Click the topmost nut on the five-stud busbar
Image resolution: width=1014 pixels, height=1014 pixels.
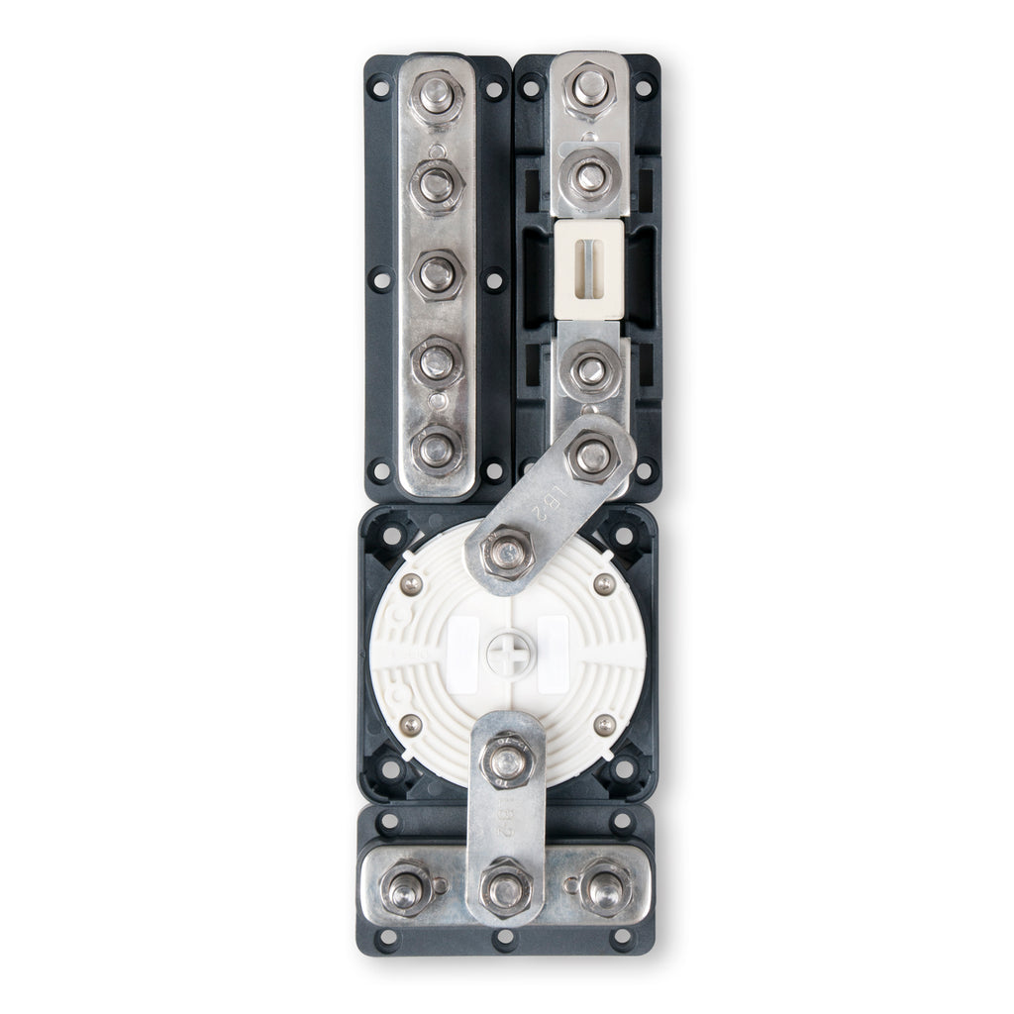[437, 96]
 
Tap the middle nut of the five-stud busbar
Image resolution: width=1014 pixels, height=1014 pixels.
[437, 273]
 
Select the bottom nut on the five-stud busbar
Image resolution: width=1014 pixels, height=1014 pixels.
[437, 449]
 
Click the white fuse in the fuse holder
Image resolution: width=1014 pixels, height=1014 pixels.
[589, 270]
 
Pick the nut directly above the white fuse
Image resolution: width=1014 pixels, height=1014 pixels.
[590, 177]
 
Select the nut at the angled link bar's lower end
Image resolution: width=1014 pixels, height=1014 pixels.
[507, 552]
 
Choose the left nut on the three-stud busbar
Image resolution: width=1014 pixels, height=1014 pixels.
[406, 887]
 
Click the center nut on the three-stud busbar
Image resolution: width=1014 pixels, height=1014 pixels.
[506, 888]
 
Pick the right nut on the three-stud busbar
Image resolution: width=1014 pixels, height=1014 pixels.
[605, 887]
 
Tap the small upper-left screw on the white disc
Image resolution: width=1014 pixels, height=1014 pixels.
[411, 585]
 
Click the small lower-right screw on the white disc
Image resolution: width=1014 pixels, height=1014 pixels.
[603, 726]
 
